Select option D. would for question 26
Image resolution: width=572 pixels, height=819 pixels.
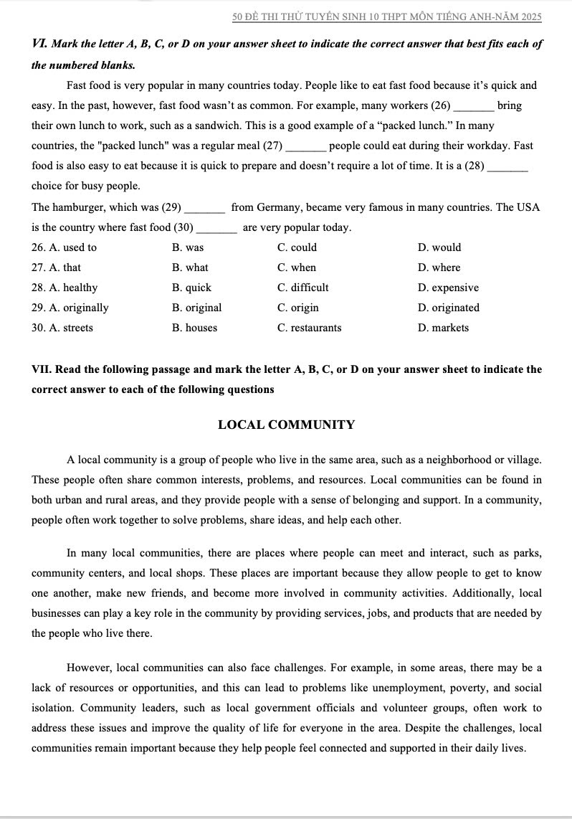[439, 247]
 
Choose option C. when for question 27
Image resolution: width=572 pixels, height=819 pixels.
[296, 268]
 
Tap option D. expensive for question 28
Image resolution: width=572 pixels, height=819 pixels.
[448, 288]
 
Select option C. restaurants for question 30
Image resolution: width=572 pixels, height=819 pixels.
[309, 328]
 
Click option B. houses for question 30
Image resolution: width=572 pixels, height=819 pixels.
[194, 328]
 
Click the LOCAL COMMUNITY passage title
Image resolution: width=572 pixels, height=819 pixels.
[286, 425]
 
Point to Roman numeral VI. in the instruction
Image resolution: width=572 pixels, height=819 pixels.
[40, 44]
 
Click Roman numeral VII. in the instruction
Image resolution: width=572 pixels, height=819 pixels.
[42, 370]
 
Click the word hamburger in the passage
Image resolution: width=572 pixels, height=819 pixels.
[81, 207]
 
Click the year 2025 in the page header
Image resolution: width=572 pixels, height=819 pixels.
[530, 16]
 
